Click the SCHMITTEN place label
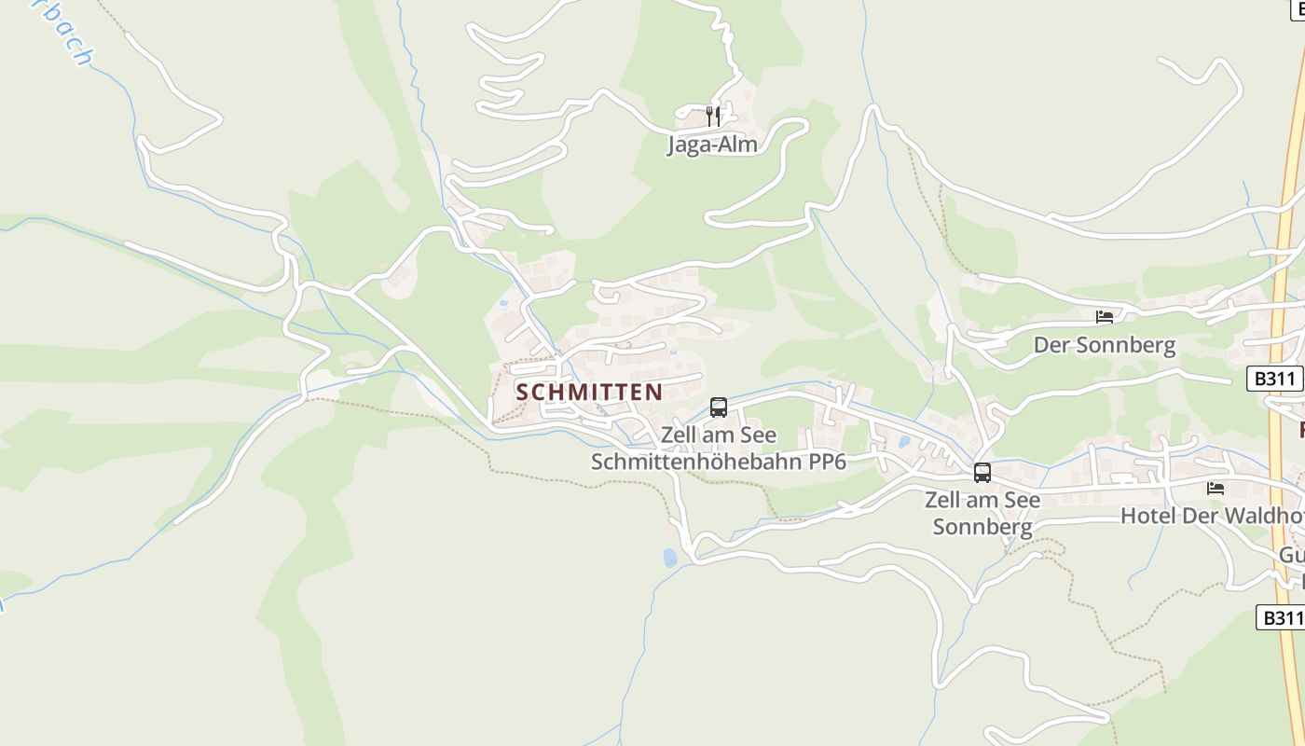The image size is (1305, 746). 589,392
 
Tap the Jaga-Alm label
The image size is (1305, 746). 712,145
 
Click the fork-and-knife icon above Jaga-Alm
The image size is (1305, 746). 713,116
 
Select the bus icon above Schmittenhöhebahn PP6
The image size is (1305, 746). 719,408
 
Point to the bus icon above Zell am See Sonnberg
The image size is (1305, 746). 982,473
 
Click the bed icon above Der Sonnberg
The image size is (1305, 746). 1105,317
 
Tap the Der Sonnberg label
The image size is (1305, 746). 1104,345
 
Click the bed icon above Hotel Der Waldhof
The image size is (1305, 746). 1216,488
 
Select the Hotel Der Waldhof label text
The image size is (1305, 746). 1211,516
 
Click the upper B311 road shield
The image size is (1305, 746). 1274,379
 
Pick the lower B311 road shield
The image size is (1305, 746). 1281,617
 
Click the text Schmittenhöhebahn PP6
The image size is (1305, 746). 718,461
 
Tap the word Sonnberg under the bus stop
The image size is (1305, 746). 982,527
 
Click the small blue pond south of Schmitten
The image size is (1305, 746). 669,558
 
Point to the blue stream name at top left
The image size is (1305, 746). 65,33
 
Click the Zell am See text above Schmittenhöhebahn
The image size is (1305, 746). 718,435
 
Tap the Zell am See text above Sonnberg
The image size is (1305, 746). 982,500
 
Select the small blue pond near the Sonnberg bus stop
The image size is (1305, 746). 903,443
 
